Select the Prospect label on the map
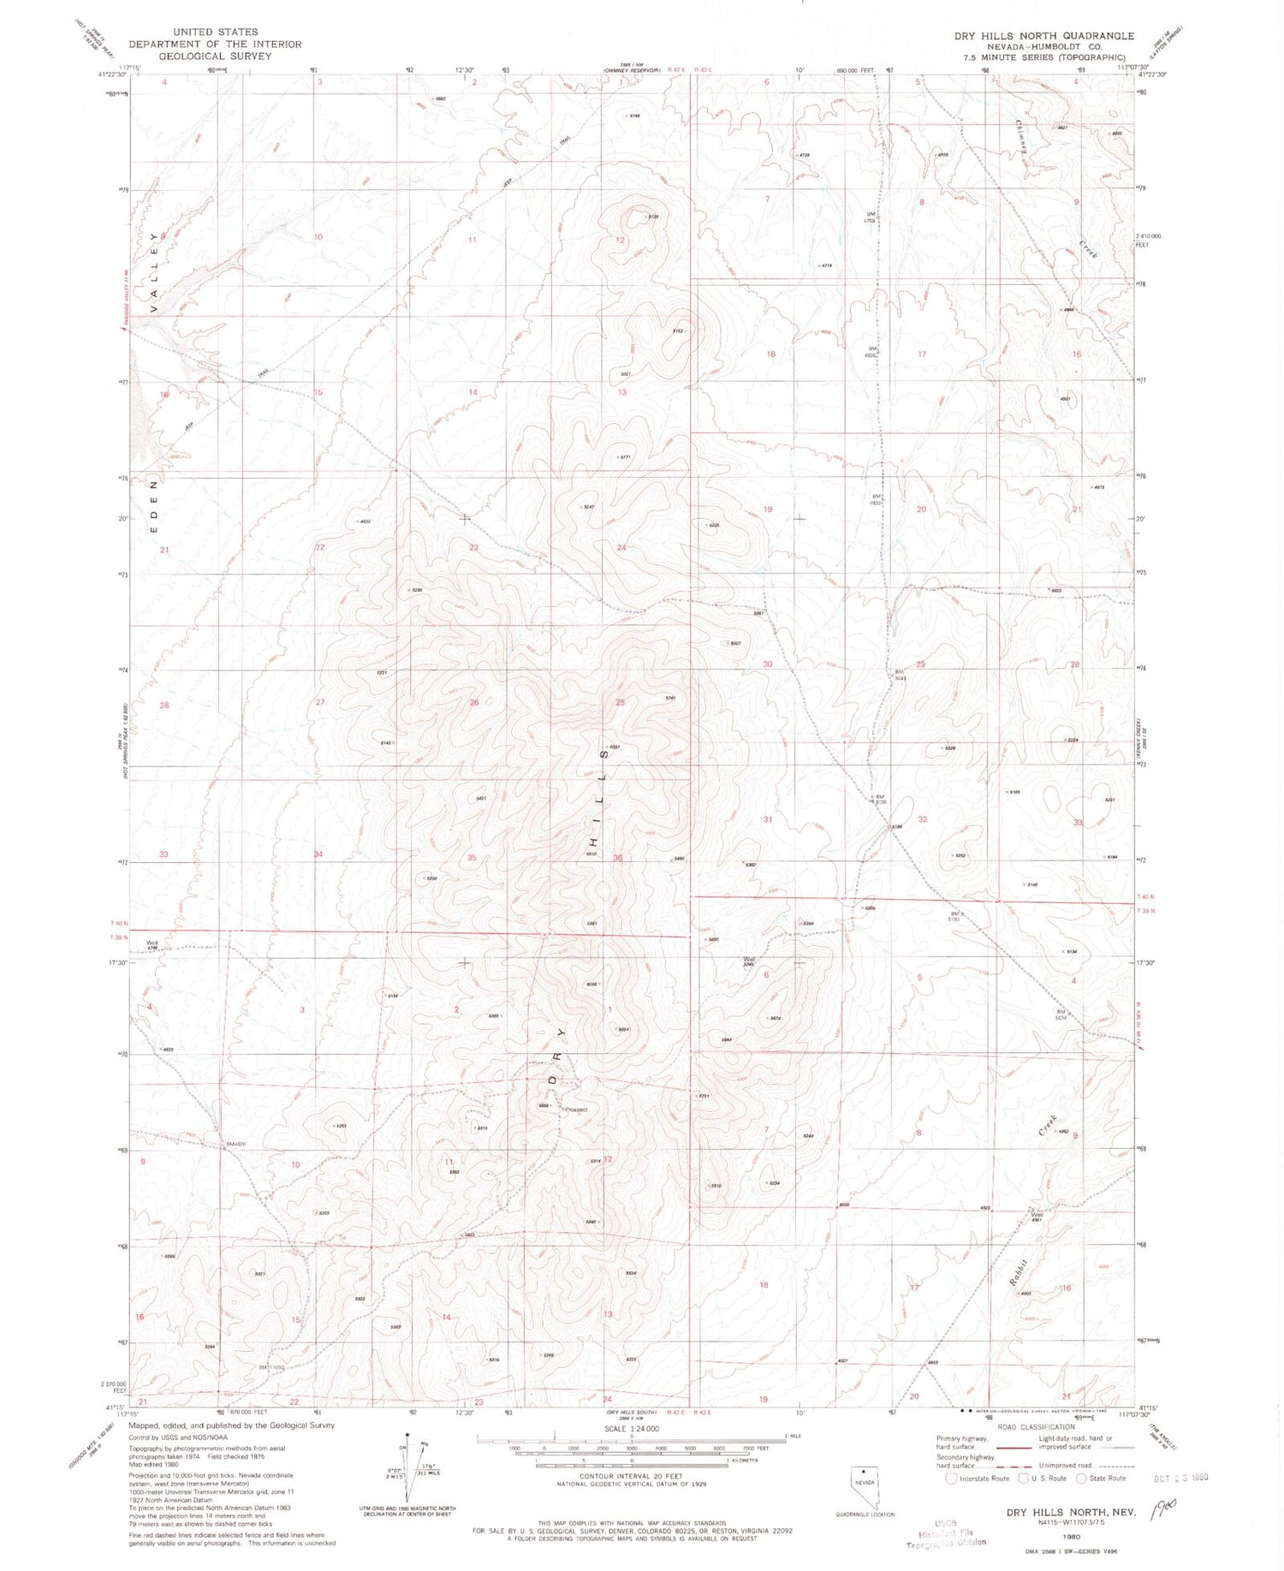576,1110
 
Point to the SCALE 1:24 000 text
632,1429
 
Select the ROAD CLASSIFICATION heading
1035,1427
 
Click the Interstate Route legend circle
952,1479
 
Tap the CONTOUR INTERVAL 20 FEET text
632,1477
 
